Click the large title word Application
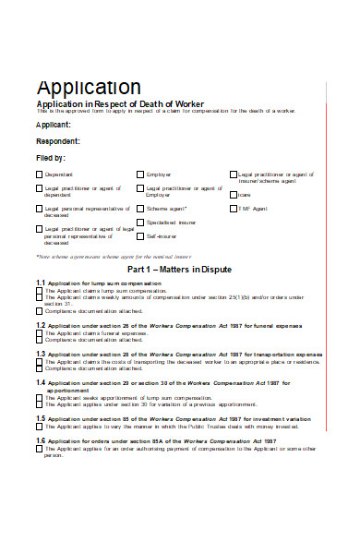(89, 87)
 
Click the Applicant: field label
(53, 124)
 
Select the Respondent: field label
(57, 141)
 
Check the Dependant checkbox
(39, 174)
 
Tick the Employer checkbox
(140, 174)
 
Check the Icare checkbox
(233, 194)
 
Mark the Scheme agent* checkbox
(140, 209)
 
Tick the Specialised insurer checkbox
(140, 223)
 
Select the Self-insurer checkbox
(140, 236)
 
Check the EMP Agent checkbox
(233, 209)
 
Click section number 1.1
(40, 283)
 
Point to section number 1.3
(40, 354)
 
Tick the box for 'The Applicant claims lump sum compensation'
(39, 290)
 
